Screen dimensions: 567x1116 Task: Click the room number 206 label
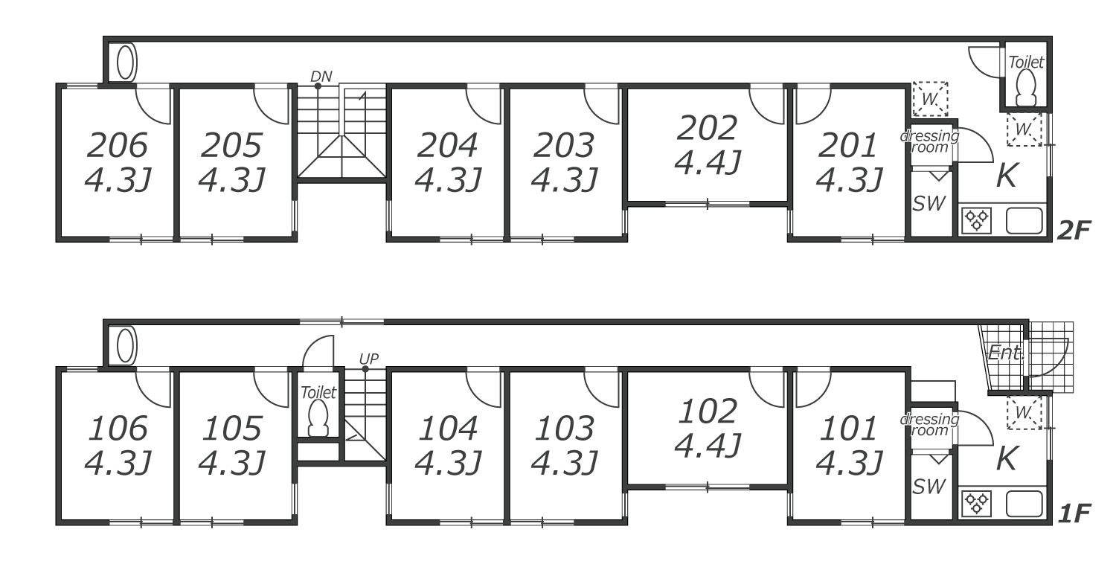tap(118, 146)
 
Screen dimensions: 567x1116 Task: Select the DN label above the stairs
tap(321, 76)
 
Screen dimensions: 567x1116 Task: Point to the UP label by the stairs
tap(369, 359)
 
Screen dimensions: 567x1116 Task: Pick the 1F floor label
tap(1073, 513)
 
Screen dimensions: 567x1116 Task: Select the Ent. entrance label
tap(1006, 353)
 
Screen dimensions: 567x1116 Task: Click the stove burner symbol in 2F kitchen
tap(975, 220)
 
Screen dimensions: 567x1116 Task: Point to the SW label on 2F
tap(928, 204)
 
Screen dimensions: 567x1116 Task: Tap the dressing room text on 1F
tap(929, 424)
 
